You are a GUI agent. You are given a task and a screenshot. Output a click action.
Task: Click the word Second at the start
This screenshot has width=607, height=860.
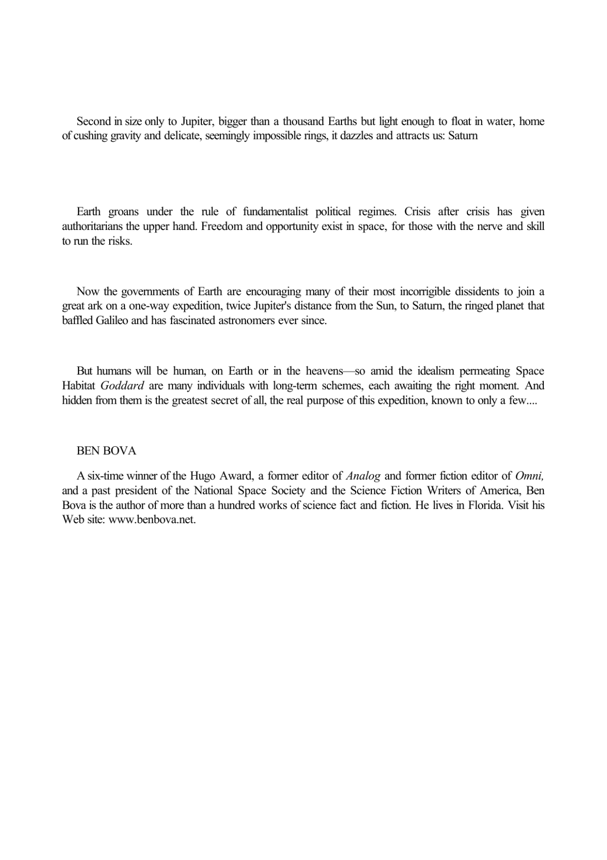click(x=93, y=122)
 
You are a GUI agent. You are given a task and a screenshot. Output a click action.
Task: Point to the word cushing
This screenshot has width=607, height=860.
click(x=90, y=136)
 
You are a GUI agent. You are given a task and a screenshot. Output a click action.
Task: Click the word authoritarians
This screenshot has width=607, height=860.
click(x=92, y=226)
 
